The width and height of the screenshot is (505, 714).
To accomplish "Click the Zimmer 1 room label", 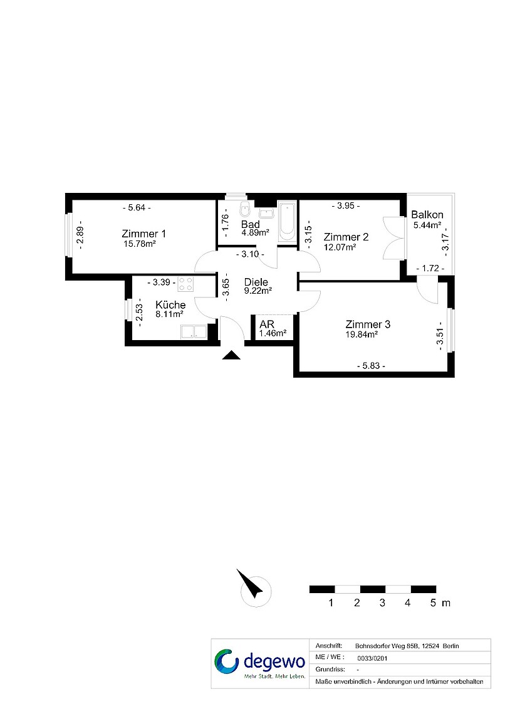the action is point(144,234).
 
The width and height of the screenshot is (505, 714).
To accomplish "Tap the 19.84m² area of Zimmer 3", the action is point(362,334).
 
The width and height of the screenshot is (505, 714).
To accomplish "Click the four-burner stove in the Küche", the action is point(185,284).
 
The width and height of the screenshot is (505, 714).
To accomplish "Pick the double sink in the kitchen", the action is point(194,331).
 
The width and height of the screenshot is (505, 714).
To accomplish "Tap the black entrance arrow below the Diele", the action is point(231,355).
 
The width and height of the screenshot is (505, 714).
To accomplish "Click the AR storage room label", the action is point(267,324).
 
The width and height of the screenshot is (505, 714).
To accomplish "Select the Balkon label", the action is point(427,214).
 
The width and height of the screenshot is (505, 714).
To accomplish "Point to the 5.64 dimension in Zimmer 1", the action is point(137,208).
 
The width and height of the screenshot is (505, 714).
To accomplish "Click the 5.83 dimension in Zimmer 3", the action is point(371,366).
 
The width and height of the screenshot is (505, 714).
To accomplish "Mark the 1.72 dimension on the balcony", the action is point(430,268).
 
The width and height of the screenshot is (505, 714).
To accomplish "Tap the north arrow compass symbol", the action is point(252,587).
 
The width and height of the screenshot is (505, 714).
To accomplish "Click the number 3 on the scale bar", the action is point(382,603).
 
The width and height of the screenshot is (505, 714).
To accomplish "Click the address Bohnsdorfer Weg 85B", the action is point(387,646).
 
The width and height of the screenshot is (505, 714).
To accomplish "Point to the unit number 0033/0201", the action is point(372,658).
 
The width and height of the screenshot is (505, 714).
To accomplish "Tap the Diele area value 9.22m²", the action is point(258,291).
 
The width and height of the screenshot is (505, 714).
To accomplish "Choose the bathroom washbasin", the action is point(266,213).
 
